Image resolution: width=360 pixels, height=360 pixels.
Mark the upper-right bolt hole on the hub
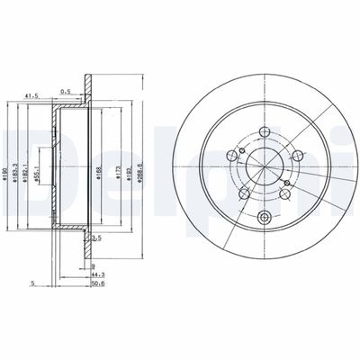point(291,147)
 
